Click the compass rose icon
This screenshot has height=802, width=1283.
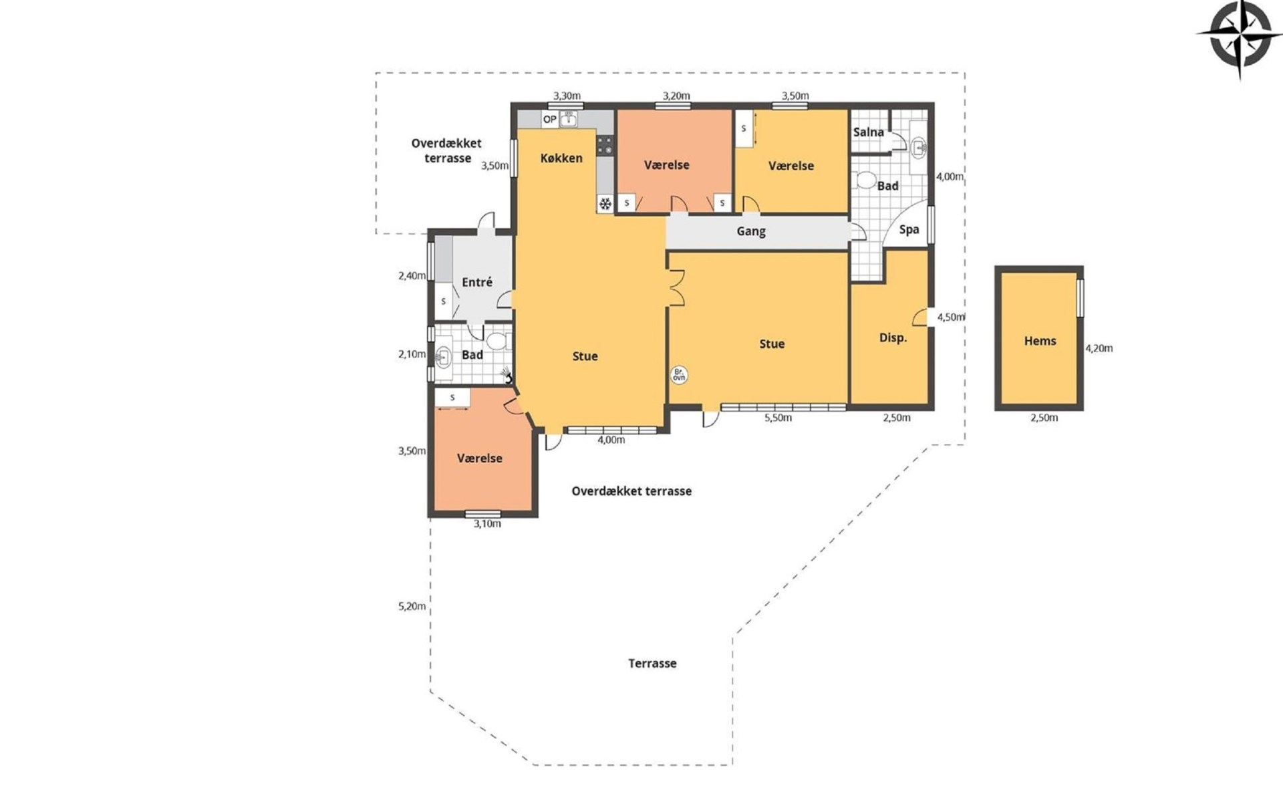[1240, 39]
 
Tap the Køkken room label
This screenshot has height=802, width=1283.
[561, 158]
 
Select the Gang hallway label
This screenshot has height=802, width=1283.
[751, 231]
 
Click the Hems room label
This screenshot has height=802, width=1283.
[1040, 341]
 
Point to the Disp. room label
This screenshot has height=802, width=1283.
[893, 338]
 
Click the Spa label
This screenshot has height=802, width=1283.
[909, 230]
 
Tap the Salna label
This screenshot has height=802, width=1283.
[869, 132]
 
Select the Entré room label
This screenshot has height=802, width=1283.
[477, 282]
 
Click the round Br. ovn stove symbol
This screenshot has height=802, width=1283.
[679, 375]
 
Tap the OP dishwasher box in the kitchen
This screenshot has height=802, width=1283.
[549, 120]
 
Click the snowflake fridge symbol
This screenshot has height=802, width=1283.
[605, 204]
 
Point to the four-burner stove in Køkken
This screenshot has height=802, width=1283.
[605, 146]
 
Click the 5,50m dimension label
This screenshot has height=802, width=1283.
[778, 418]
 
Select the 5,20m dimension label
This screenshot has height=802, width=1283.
[412, 607]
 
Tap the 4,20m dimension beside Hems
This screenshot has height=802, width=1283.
[1099, 348]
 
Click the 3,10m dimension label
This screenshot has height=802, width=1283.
[487, 524]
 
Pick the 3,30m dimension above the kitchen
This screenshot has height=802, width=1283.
[567, 96]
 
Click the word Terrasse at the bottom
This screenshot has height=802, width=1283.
[652, 664]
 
